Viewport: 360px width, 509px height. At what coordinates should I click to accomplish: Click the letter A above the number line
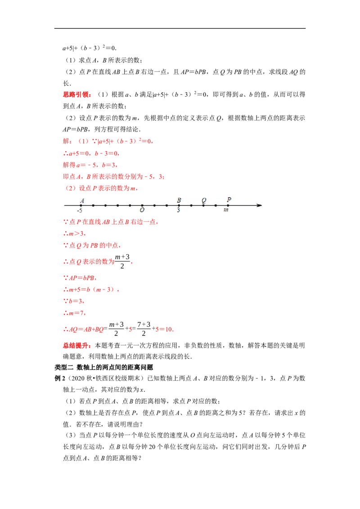82,201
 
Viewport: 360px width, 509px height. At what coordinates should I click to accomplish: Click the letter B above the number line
179,200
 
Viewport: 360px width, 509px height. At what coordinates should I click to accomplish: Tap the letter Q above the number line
204,200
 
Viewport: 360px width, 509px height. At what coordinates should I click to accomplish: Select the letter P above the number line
229,200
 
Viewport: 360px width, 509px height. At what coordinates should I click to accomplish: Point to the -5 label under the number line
80,210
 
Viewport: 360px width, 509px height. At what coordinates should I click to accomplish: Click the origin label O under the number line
142,210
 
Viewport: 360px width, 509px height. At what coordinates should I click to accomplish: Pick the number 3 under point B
179,210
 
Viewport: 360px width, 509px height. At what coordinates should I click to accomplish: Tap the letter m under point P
226,210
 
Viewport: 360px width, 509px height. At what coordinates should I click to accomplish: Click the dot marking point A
81,205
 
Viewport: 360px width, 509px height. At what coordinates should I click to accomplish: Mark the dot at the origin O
142,205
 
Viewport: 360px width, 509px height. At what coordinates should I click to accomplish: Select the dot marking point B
179,205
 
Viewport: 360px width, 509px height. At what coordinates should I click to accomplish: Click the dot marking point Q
203,205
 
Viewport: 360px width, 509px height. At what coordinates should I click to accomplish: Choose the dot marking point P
228,205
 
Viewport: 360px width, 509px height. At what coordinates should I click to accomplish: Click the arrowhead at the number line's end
259,205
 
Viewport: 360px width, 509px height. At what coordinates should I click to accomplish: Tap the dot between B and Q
191,205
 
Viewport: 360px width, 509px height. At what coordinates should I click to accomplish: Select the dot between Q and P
216,205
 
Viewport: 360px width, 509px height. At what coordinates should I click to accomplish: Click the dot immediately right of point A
93,205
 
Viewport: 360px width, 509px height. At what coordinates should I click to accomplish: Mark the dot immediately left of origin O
130,205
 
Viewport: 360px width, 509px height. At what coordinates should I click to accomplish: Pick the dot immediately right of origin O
154,205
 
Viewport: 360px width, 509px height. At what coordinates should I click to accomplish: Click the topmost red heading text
77,95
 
